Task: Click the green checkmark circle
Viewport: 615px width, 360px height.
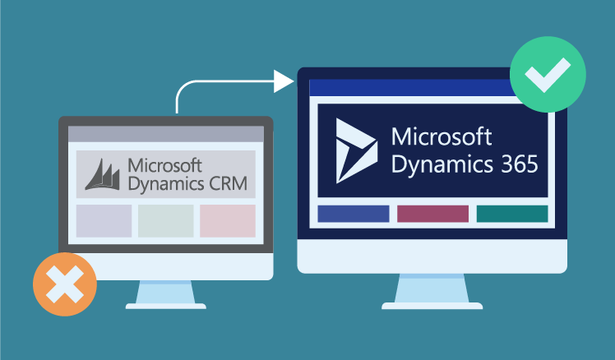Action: tap(548, 77)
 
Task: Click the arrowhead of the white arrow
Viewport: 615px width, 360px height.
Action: tap(284, 81)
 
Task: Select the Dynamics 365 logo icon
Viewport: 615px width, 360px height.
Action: tap(355, 150)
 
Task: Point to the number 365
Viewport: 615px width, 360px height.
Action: tap(515, 164)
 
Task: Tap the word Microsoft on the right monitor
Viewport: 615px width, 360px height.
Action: tap(442, 136)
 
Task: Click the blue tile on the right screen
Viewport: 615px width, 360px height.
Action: tap(353, 214)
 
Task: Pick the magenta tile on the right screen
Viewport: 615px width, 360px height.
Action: tap(432, 214)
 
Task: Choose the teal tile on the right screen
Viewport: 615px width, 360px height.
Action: tap(511, 214)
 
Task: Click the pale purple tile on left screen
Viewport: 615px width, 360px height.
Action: tap(104, 221)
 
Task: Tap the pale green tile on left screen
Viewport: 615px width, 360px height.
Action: tap(165, 221)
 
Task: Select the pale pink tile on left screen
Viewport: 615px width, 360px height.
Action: tap(228, 221)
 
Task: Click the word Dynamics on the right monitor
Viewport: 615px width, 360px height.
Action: tap(442, 164)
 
